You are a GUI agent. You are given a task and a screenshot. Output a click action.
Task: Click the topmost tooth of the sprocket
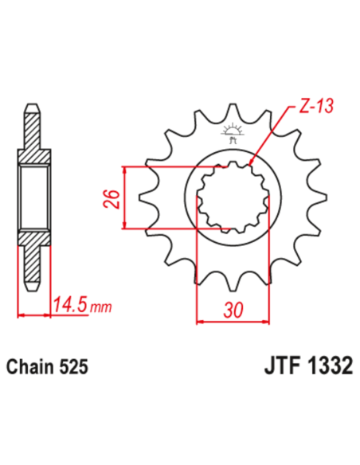click(x=233, y=111)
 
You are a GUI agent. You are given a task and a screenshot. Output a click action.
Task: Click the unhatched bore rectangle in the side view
click(x=31, y=198)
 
